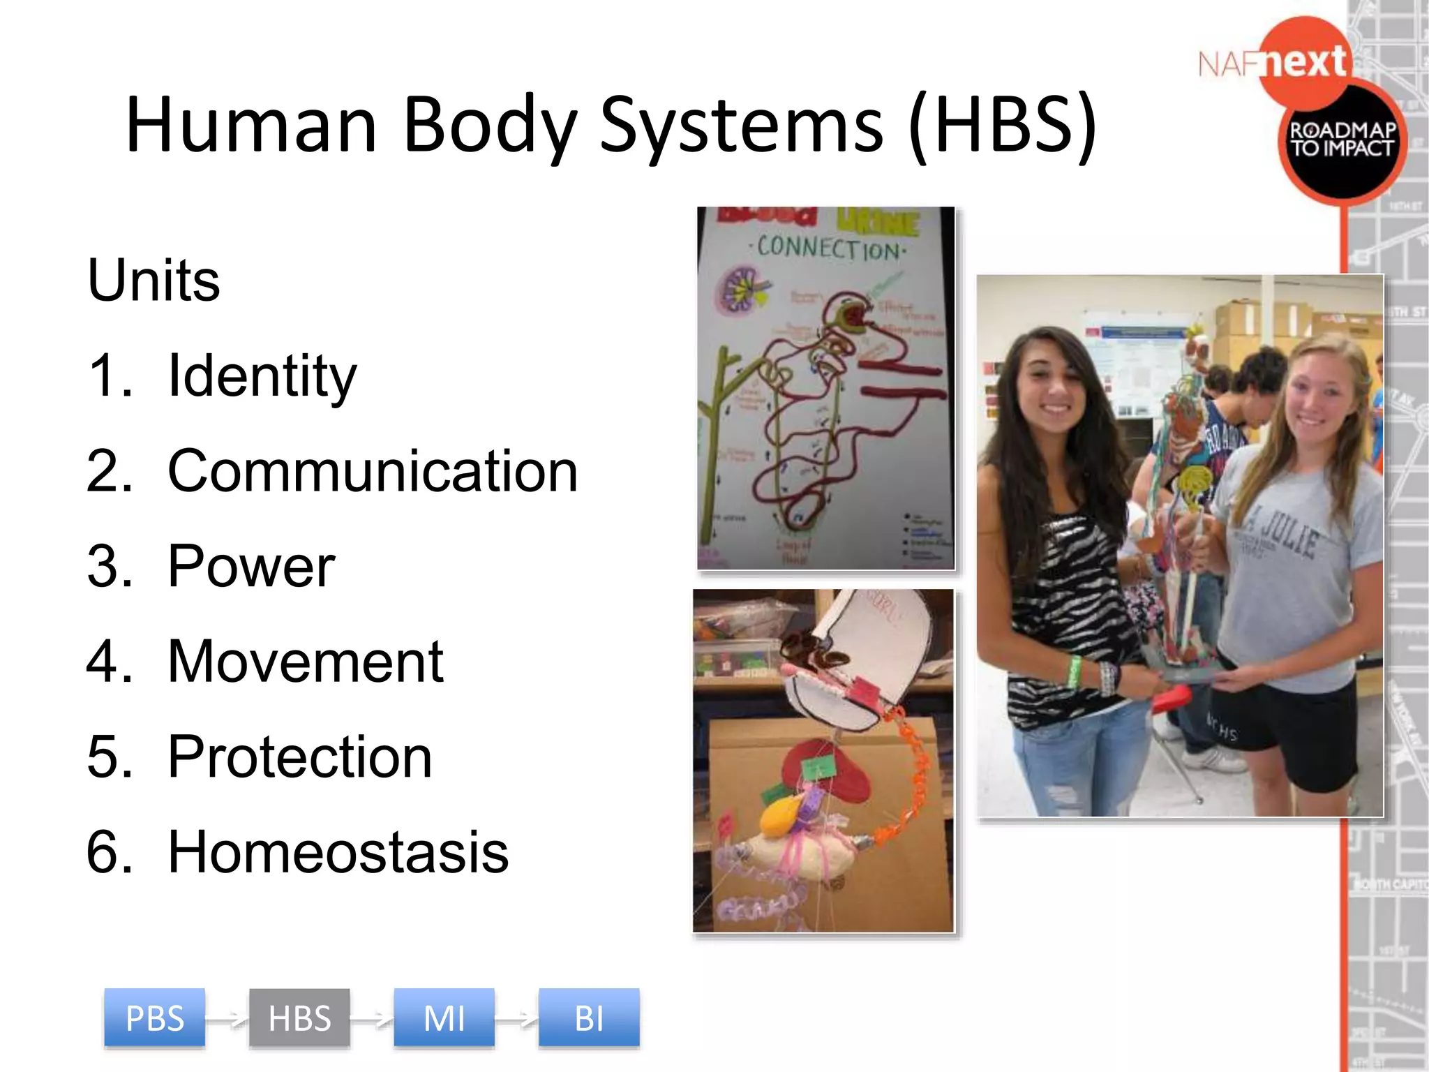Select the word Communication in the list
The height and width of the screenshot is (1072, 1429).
pos(373,472)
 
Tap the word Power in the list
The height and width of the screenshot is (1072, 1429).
pos(251,567)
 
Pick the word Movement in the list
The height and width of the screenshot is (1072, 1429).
pos(306,662)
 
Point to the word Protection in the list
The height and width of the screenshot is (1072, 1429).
pos(300,757)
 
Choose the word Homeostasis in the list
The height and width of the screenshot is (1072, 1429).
pos(338,852)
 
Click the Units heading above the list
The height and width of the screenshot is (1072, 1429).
pos(154,281)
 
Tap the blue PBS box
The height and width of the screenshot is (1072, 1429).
pos(154,1018)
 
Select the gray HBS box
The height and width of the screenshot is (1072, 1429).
pos(299,1018)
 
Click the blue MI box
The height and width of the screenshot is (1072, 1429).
pos(444,1018)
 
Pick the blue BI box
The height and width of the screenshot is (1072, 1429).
pos(589,1018)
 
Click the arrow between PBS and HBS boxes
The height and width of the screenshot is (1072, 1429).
pos(227,1020)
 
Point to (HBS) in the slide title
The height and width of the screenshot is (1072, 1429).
pos(1003,126)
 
